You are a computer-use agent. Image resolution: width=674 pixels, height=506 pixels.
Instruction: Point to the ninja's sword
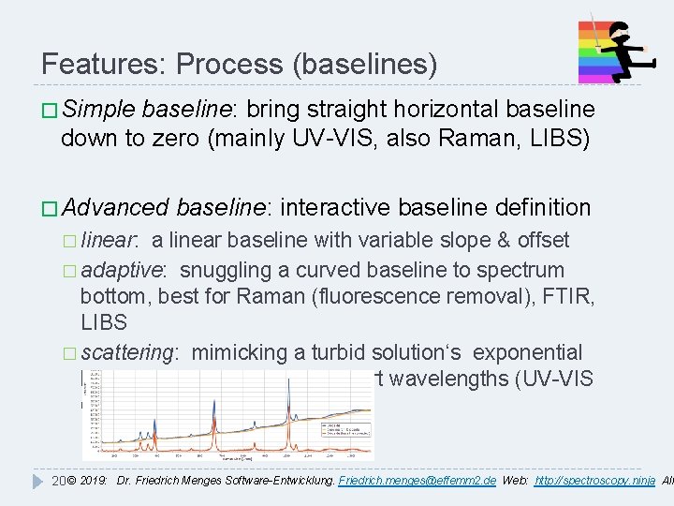(x=591, y=28)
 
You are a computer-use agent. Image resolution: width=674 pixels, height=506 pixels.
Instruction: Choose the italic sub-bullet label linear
(x=110, y=240)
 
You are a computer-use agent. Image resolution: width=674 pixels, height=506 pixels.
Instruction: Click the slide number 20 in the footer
(x=56, y=480)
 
